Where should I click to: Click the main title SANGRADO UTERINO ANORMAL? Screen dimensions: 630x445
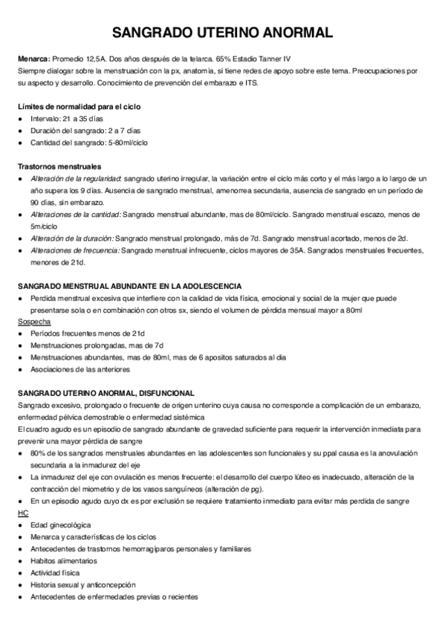pyautogui.click(x=222, y=33)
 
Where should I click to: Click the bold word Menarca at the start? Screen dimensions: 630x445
pyautogui.click(x=33, y=59)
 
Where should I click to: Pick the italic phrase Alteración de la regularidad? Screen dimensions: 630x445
pyautogui.click(x=76, y=179)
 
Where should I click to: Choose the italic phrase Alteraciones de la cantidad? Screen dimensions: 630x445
pyautogui.click(x=75, y=214)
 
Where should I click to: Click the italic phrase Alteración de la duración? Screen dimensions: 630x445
pyautogui.click(x=72, y=238)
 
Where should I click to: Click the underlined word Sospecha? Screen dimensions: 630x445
pyautogui.click(x=33, y=322)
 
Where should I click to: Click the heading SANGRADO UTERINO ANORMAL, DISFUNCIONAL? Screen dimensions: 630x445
pyautogui.click(x=106, y=392)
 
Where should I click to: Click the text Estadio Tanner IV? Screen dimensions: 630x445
pyautogui.click(x=258, y=59)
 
